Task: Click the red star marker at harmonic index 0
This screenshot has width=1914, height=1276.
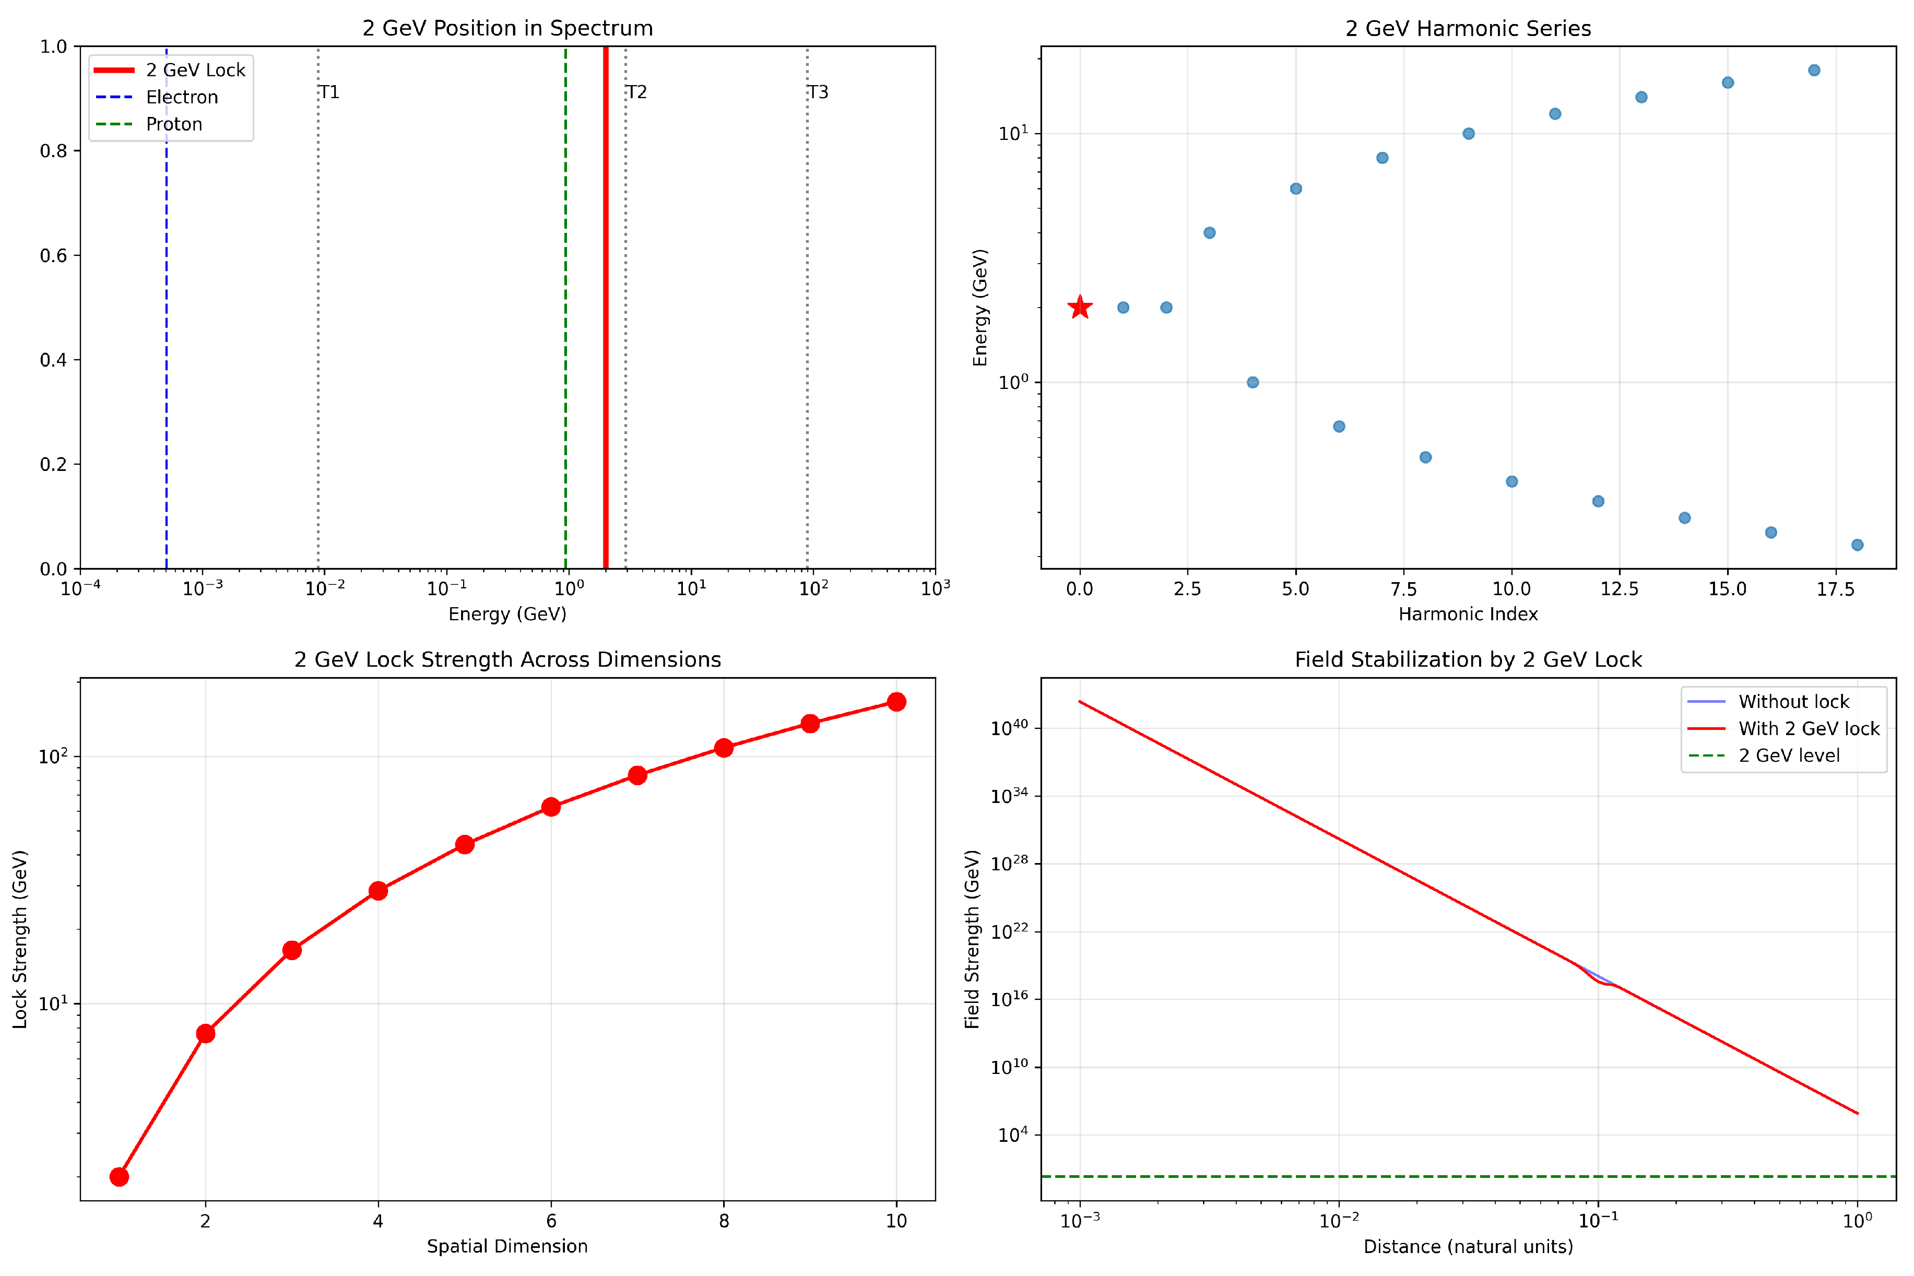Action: pyautogui.click(x=1080, y=307)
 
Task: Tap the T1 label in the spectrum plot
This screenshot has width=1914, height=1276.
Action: pyautogui.click(x=329, y=92)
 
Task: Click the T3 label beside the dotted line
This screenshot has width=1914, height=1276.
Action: pyautogui.click(x=818, y=92)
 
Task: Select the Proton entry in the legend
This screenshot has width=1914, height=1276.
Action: pyautogui.click(x=173, y=124)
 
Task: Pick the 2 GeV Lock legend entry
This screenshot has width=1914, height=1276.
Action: pyautogui.click(x=195, y=70)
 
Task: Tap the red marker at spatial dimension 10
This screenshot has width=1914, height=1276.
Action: pyautogui.click(x=896, y=702)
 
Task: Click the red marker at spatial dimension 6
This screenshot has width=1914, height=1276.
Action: pyautogui.click(x=551, y=807)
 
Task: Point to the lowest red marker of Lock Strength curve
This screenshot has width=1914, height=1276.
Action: pyautogui.click(x=119, y=1177)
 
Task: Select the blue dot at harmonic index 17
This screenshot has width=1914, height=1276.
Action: pyautogui.click(x=1814, y=70)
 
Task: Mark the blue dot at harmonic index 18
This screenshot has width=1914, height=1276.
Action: pyautogui.click(x=1857, y=545)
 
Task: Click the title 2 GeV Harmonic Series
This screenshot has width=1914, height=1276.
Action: pyautogui.click(x=1468, y=29)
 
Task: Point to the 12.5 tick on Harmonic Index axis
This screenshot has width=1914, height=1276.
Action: pyautogui.click(x=1620, y=588)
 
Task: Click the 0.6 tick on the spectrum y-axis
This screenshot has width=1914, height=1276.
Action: pyautogui.click(x=54, y=255)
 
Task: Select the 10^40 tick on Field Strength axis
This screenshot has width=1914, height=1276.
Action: pyautogui.click(x=1009, y=727)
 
